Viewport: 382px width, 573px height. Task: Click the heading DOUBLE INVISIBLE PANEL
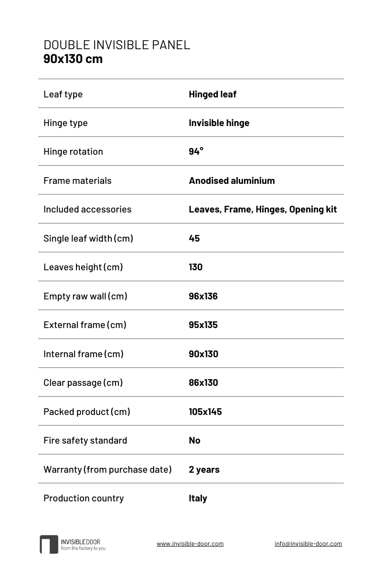point(117,45)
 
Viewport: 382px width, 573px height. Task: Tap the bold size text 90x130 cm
point(73,59)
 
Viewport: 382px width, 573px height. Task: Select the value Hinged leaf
point(212,94)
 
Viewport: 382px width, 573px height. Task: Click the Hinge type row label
point(65,123)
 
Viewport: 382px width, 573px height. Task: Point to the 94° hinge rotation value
point(196,151)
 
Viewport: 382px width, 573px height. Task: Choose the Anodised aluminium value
point(232,180)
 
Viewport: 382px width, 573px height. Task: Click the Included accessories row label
point(87,209)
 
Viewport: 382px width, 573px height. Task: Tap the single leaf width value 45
point(194,238)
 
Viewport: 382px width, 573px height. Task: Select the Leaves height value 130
point(196,267)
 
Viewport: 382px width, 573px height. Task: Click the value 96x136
point(203,296)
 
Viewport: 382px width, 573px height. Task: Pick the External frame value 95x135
point(203,325)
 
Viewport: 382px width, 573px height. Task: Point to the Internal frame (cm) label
point(84,354)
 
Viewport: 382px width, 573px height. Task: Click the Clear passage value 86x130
point(203,382)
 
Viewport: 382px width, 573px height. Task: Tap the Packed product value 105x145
point(205,412)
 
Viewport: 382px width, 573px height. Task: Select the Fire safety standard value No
point(194,440)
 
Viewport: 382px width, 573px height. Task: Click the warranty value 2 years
point(204,469)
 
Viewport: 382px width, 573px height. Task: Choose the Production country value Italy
point(198,498)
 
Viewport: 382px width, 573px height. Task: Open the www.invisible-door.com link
point(190,543)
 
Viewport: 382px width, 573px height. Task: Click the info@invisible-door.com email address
point(308,543)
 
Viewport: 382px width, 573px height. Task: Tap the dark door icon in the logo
point(49,544)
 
